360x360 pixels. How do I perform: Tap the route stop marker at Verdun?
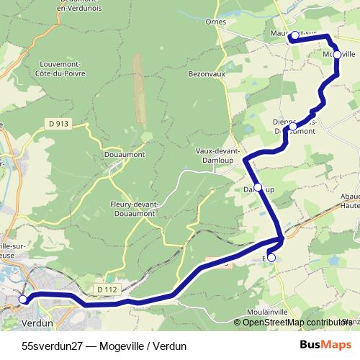pyautogui.click(x=23, y=299)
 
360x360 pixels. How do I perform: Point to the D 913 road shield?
pyautogui.click(x=60, y=124)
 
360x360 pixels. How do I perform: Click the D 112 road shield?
pyautogui.click(x=106, y=289)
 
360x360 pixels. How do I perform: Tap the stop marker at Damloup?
pyautogui.click(x=258, y=187)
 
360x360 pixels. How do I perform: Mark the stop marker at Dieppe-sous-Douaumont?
pyautogui.click(x=293, y=127)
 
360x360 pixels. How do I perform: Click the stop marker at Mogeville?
pyautogui.click(x=337, y=55)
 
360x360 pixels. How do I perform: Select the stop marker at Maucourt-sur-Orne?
pyautogui.click(x=294, y=35)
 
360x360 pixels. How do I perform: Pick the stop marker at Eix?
pyautogui.click(x=271, y=257)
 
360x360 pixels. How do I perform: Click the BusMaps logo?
pyautogui.click(x=326, y=345)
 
